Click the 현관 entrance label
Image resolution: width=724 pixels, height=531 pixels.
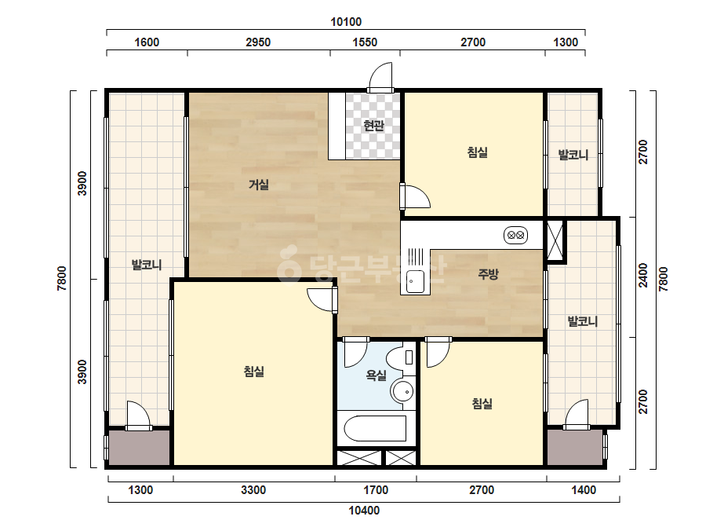click(x=373, y=126)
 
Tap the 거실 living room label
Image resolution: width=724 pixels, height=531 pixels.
click(x=259, y=185)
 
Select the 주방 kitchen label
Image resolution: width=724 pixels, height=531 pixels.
click(x=488, y=274)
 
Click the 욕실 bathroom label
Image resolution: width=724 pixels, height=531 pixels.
click(x=376, y=375)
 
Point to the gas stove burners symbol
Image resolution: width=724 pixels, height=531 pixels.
click(x=516, y=236)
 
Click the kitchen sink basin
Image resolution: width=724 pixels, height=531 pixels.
click(x=415, y=280)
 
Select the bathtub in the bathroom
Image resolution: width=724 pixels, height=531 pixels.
click(x=376, y=428)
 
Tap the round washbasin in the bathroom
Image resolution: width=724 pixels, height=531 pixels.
click(x=402, y=392)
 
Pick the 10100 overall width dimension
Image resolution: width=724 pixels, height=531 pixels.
click(x=346, y=22)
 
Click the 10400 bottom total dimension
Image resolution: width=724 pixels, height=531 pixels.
click(x=364, y=511)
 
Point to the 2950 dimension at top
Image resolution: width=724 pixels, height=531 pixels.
click(x=258, y=42)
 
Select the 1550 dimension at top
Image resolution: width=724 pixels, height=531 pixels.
click(x=365, y=42)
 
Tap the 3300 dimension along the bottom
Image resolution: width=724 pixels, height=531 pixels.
click(x=253, y=490)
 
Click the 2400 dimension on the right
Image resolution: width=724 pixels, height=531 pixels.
click(x=642, y=275)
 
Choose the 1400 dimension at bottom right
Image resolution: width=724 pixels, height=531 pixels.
click(x=584, y=490)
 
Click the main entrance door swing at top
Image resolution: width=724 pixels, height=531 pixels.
click(x=381, y=77)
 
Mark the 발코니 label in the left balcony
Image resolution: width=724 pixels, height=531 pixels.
click(x=147, y=265)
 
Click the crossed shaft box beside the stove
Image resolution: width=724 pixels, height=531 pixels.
click(x=555, y=241)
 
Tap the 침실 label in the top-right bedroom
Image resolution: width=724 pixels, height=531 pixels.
click(x=477, y=152)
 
